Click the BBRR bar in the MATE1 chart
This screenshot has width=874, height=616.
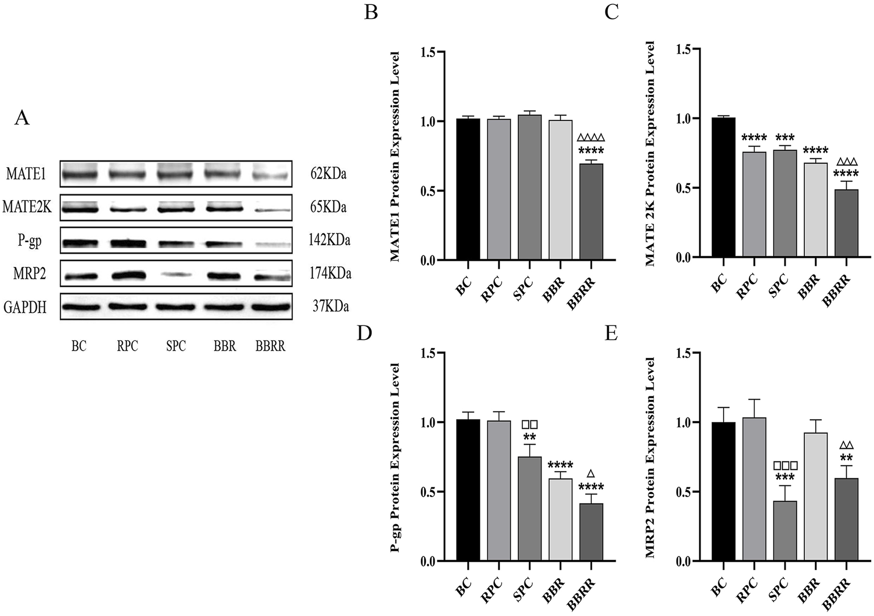click(x=591, y=212)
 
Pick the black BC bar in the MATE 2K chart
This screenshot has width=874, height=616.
click(x=723, y=187)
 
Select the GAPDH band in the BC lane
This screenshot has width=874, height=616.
click(x=79, y=306)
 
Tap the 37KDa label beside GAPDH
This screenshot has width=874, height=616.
click(x=330, y=307)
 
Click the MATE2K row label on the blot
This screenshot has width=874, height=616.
click(x=27, y=207)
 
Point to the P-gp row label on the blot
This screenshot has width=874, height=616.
click(x=29, y=241)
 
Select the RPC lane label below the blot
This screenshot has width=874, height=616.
click(x=127, y=346)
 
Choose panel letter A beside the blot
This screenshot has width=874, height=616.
click(x=22, y=118)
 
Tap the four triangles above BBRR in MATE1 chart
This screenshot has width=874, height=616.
click(x=590, y=138)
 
